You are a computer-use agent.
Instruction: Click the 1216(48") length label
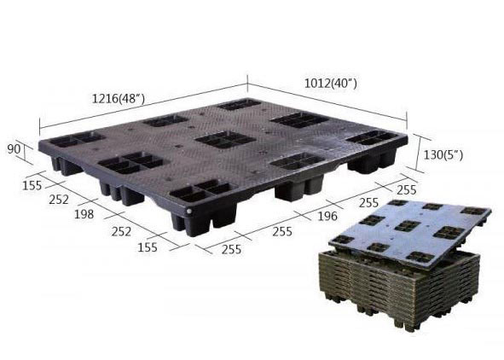pyautogui.click(x=119, y=98)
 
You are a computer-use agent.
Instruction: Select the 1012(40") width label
pyautogui.click(x=331, y=84)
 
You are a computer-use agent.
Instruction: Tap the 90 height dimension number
pyautogui.click(x=14, y=149)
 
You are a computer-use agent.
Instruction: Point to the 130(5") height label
pyautogui.click(x=443, y=155)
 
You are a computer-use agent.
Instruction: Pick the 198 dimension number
pyautogui.click(x=84, y=214)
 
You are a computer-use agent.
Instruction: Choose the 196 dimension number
pyautogui.click(x=327, y=216)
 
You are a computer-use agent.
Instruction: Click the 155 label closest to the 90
pyautogui.click(x=32, y=185)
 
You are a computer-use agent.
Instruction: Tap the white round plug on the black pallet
pyautogui.click(x=189, y=212)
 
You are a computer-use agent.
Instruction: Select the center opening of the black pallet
pyautogui.click(x=225, y=140)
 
